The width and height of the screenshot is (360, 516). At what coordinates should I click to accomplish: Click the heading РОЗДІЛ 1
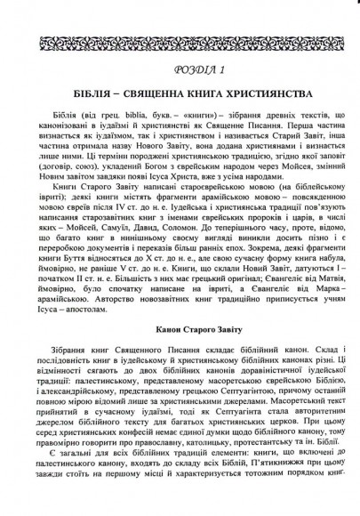coord(180,69)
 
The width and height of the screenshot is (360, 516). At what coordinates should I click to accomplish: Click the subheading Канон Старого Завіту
coord(180,355)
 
